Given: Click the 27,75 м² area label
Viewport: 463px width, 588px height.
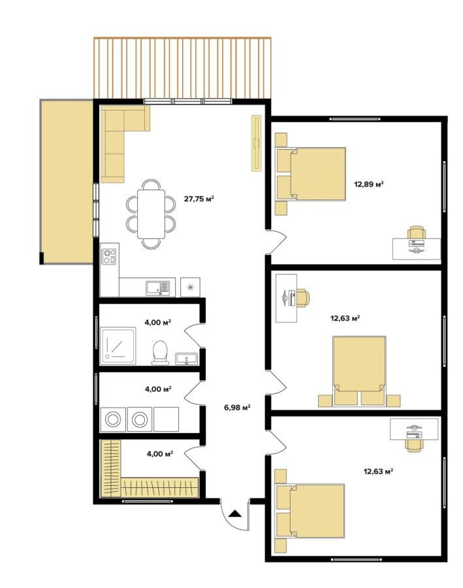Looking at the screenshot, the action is click(x=199, y=199).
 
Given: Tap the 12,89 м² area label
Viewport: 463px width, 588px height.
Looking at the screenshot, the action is click(x=369, y=184).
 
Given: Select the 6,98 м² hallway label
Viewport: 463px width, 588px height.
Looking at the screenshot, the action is click(x=237, y=407).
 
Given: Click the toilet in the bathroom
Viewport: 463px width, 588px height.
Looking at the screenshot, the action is click(x=160, y=353).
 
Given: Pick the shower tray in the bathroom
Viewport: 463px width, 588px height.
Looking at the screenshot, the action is click(x=118, y=346).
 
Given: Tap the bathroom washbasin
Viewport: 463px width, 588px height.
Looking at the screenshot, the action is click(x=186, y=359).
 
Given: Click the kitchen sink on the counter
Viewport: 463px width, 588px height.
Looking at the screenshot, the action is click(x=157, y=287).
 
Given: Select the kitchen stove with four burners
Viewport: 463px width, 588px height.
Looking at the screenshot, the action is click(x=110, y=257).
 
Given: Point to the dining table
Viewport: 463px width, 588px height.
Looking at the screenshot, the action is click(x=151, y=214).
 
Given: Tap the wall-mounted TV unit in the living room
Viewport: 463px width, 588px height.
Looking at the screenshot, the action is click(x=257, y=143).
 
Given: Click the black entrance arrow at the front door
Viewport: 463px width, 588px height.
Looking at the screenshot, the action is click(x=234, y=514).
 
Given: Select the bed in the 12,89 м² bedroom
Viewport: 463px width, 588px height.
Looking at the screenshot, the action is click(x=311, y=174).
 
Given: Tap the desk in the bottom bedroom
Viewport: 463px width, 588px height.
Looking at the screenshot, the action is click(x=414, y=429).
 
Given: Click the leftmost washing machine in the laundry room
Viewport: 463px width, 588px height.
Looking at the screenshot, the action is click(x=113, y=419).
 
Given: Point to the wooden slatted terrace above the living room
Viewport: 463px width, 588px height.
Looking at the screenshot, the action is click(x=182, y=68).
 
